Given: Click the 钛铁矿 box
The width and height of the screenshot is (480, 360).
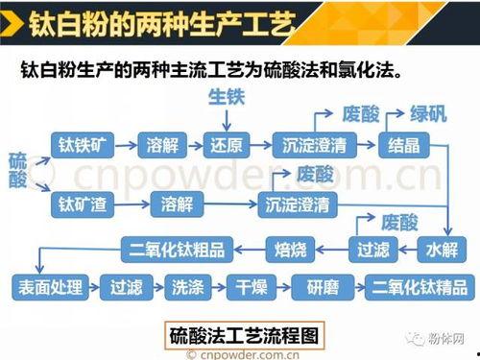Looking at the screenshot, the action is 82,145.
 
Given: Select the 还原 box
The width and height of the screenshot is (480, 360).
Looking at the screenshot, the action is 228,145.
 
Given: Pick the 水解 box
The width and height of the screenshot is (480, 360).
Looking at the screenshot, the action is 441,251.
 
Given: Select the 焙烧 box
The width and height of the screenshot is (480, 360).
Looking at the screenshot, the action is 290,251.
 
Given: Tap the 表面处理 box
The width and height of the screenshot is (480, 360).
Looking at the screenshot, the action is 50,286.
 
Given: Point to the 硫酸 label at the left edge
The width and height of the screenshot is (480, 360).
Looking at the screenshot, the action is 17,171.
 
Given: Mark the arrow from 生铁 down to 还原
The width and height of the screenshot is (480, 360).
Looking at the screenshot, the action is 227,118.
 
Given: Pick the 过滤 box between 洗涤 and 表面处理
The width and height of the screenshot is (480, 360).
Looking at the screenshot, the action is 126,286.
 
